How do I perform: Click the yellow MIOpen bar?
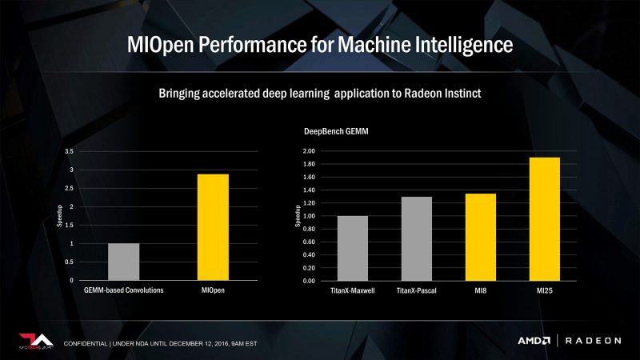pyautogui.click(x=213, y=227)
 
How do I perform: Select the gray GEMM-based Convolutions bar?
pyautogui.click(x=123, y=262)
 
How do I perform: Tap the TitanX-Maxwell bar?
pyautogui.click(x=352, y=248)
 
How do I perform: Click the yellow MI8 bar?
pyautogui.click(x=479, y=237)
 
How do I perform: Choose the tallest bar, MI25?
pyautogui.click(x=543, y=219)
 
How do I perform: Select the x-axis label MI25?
pyautogui.click(x=543, y=290)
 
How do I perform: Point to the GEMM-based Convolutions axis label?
pyautogui.click(x=124, y=290)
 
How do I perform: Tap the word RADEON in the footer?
pyautogui.click(x=593, y=341)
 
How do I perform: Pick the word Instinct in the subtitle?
pyautogui.click(x=459, y=93)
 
